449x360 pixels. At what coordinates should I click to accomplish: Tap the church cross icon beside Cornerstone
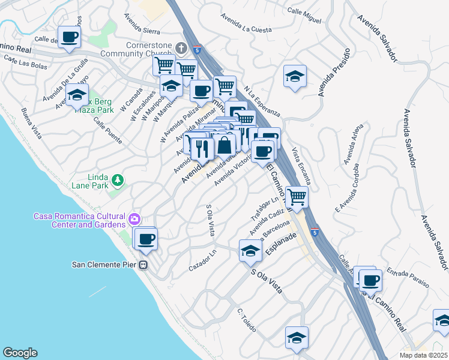[x=182, y=47]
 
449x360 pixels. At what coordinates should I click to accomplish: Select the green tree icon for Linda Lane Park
[x=118, y=179]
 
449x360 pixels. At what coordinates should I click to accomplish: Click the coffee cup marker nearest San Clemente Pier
[x=145, y=239]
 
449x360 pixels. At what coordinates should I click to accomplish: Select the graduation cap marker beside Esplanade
[x=250, y=251]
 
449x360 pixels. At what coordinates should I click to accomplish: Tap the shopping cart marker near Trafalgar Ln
[x=296, y=196]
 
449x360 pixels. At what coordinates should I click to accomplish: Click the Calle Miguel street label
[x=304, y=16]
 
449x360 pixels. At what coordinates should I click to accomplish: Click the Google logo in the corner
[x=20, y=353]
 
